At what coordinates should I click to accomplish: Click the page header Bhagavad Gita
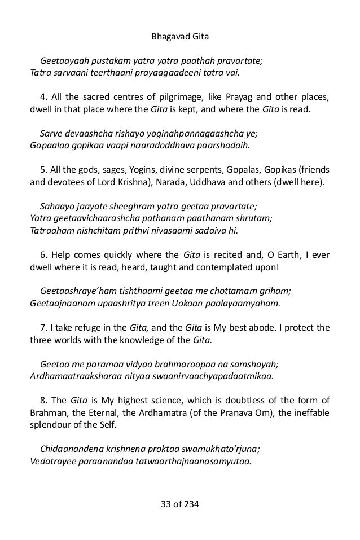180,23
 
